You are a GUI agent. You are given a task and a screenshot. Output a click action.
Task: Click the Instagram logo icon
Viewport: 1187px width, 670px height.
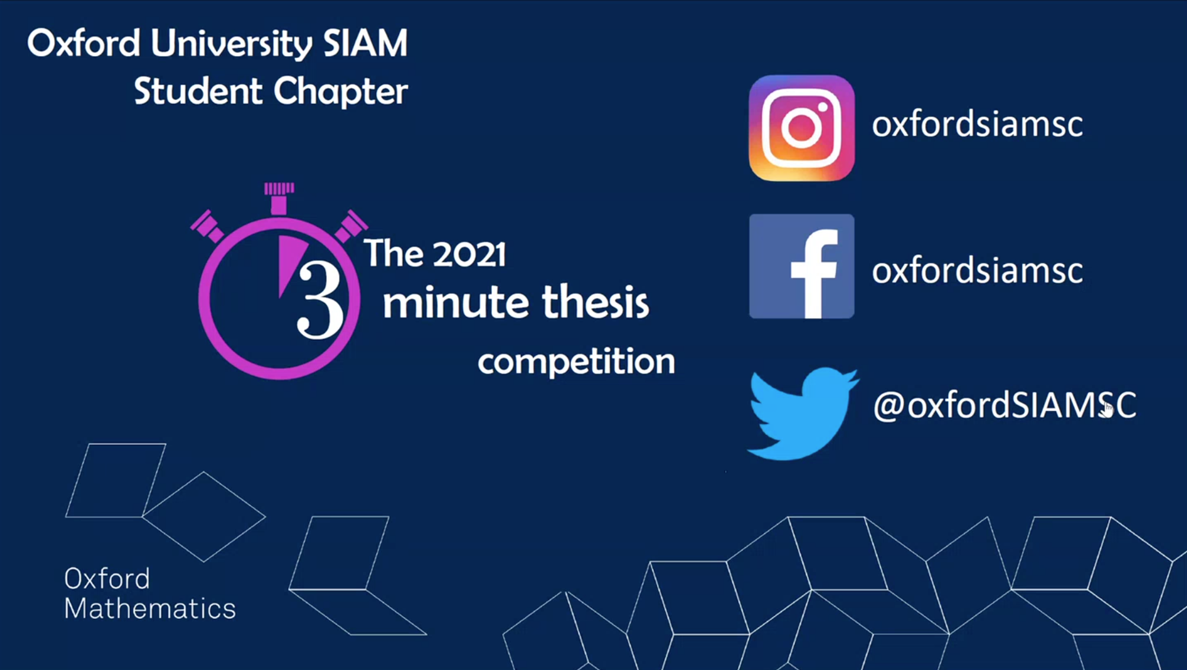coord(802,128)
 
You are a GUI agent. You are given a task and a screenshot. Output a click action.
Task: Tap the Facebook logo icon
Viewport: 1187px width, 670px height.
coord(802,266)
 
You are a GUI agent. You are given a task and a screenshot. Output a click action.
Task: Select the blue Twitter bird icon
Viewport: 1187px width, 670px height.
coord(803,413)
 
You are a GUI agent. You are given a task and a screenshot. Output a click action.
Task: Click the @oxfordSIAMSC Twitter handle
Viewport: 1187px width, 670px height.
coord(1005,405)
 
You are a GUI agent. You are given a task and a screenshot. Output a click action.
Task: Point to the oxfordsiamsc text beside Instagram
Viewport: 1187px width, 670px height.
coord(977,124)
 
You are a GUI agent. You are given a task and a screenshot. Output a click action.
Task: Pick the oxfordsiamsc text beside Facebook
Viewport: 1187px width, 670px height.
coord(977,271)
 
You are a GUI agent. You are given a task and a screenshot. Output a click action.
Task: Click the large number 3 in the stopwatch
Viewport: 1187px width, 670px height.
coord(320,300)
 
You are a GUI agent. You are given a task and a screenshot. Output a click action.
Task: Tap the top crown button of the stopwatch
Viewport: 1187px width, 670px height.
coord(279,197)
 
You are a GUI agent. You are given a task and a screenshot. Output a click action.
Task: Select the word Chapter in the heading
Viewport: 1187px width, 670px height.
coord(340,91)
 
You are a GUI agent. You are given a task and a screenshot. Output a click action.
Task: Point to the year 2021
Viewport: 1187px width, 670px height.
coord(469,254)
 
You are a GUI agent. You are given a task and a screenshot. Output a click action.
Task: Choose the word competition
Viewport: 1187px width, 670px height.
coord(576,362)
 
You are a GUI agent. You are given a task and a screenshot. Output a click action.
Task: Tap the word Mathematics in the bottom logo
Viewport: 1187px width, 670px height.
coord(150,609)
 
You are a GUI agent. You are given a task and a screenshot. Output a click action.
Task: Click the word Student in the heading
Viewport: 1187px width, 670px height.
coord(198,91)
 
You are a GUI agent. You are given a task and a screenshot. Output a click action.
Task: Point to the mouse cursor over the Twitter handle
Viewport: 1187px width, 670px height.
coord(1108,409)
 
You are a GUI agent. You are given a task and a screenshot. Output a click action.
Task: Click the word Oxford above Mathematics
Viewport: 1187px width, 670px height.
coord(107,579)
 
